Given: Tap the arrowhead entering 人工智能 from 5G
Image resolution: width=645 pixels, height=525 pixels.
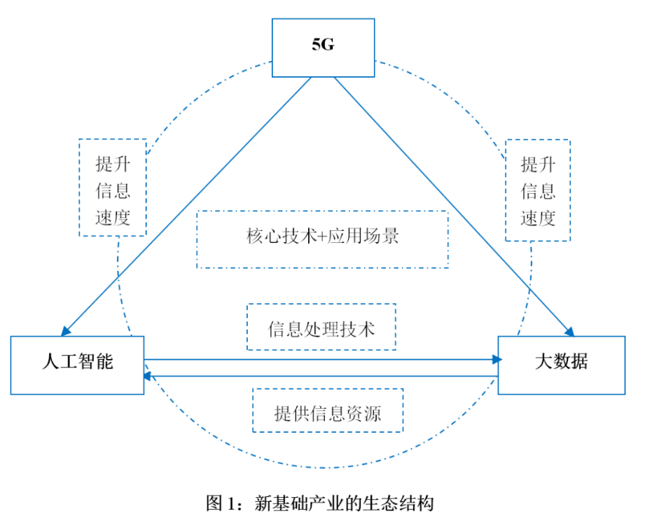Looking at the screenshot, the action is (x=66, y=331).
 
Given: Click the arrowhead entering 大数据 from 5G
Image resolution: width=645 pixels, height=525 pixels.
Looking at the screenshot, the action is (x=570, y=331).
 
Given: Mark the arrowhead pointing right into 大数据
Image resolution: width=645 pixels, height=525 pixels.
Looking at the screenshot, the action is (x=497, y=360).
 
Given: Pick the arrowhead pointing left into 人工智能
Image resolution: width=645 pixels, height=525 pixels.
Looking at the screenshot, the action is (x=148, y=376).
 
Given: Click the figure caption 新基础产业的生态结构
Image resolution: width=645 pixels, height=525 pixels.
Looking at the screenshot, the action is (x=345, y=503).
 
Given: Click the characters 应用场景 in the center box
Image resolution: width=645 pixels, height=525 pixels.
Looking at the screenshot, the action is (x=363, y=236).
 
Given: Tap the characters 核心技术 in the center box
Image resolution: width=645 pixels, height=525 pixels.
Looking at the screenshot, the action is (x=282, y=236).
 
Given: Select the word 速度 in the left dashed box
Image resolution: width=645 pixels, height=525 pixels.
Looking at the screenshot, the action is (x=113, y=218).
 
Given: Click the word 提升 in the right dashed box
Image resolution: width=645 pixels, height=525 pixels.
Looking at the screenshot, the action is (x=538, y=164).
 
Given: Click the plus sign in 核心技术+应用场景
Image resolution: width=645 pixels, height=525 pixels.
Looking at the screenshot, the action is (x=322, y=237).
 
